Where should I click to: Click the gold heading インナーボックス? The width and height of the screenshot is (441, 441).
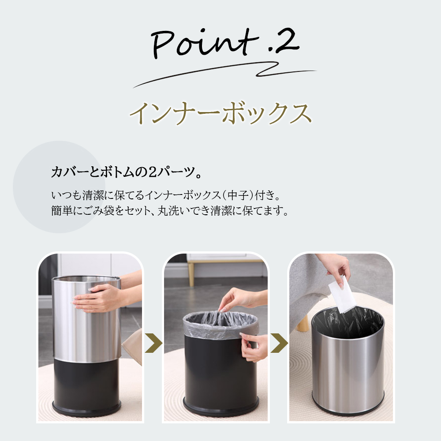click(220, 113)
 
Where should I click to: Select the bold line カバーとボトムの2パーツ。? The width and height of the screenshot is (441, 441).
click(127, 172)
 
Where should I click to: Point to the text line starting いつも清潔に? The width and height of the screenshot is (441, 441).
click(166, 195)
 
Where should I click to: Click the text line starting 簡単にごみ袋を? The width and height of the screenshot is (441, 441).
click(170, 210)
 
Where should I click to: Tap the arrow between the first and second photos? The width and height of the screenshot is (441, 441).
click(153, 343)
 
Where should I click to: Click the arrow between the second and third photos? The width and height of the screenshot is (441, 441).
click(279, 343)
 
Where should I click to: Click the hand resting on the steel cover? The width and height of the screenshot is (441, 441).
click(98, 298)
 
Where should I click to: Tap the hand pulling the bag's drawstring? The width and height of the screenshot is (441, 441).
click(239, 299)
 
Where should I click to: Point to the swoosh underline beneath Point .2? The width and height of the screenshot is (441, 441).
click(225, 74)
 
